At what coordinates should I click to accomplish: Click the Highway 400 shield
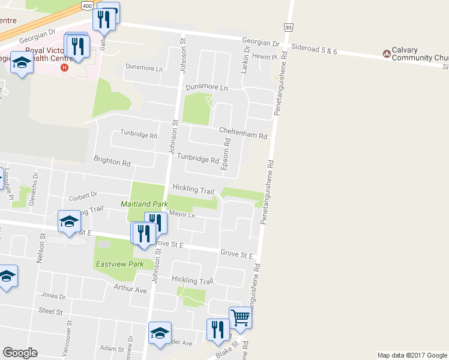[x=86, y=5]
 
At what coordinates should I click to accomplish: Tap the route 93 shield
[x=289, y=28]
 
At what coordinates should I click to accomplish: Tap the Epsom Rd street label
[x=226, y=154]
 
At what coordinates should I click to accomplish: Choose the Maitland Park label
[x=144, y=204]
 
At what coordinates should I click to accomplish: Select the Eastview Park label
[x=119, y=264]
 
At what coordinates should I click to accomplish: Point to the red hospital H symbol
[x=64, y=67]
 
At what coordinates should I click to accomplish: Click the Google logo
[x=20, y=353]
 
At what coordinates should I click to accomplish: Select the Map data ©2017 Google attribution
[x=412, y=355]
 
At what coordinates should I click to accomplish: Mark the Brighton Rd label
[x=112, y=162]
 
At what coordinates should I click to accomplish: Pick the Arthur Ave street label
[x=130, y=289]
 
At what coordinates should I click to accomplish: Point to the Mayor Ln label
[x=182, y=214]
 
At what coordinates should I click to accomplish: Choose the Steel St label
[x=50, y=311]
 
